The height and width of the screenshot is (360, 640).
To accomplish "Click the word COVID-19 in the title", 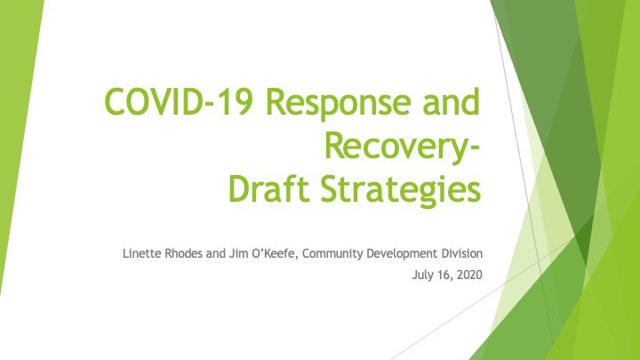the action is coord(178,101).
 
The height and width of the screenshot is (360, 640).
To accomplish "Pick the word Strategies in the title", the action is coord(400,190).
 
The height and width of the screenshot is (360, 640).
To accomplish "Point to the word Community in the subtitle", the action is coord(332,253).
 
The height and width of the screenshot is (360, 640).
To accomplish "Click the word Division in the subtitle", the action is coord(462,253).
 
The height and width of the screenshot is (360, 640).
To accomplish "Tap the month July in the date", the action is coord(423,275).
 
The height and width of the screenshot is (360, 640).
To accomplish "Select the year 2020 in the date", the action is coord(469,275).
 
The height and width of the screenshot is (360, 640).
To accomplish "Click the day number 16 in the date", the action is coord(445,275).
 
